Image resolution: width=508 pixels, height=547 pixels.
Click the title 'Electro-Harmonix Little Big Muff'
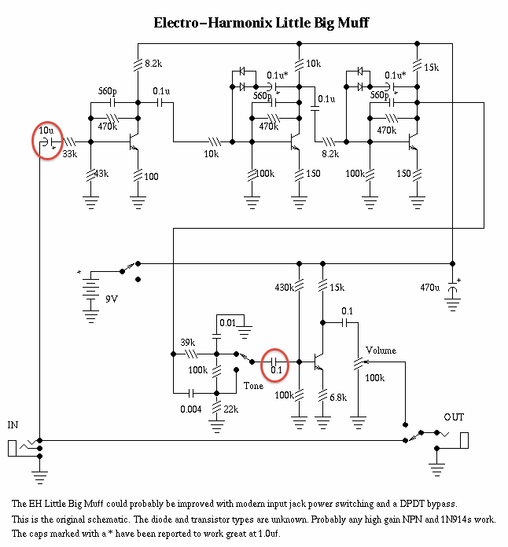click(262, 23)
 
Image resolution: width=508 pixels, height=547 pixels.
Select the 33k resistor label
click(70, 154)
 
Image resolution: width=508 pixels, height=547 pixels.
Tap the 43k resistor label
click(101, 173)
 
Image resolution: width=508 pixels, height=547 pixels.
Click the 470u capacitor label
click(430, 288)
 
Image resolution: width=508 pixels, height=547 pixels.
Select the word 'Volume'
click(381, 351)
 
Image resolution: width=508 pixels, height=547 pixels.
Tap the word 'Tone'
click(253, 386)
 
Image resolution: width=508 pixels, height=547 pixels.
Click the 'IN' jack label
click(13, 425)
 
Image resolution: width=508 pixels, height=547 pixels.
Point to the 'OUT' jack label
click(454, 417)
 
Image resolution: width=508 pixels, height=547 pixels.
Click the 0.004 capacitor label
click(192, 409)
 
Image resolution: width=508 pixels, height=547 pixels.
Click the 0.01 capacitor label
click(227, 323)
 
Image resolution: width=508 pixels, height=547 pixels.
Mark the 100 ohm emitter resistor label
click(151, 177)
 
